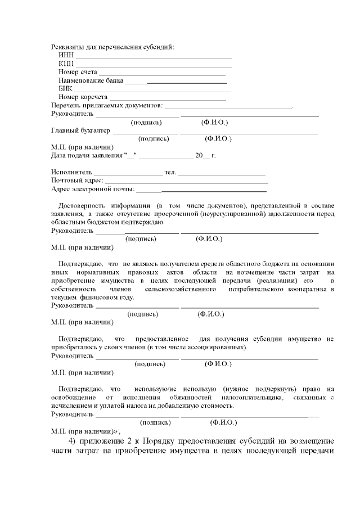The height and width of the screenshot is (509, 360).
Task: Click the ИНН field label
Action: [66, 55]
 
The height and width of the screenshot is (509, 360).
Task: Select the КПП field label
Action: [66, 64]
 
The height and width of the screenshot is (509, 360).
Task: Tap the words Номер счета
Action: [78, 72]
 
